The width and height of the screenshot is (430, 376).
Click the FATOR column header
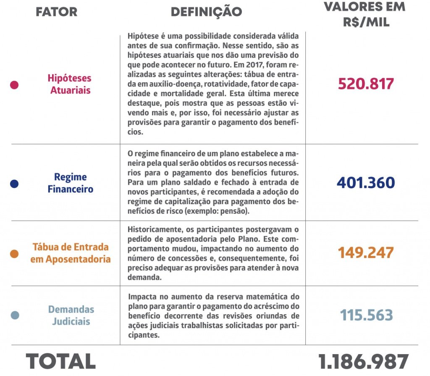tap(57, 12)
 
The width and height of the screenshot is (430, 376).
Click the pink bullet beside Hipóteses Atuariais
tap(14, 85)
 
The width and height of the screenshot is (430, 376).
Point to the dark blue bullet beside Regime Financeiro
tap(14, 184)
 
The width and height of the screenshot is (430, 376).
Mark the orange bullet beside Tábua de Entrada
tap(14, 253)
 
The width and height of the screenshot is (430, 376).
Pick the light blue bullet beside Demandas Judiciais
tap(14, 316)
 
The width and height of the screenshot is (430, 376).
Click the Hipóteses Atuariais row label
tap(70, 84)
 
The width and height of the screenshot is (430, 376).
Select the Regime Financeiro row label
tap(70, 183)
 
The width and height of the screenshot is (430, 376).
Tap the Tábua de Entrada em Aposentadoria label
tap(70, 253)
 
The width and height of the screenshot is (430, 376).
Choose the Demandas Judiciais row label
tap(71, 316)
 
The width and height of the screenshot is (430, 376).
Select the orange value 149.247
tap(366, 253)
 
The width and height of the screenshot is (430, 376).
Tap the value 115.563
tap(366, 316)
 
